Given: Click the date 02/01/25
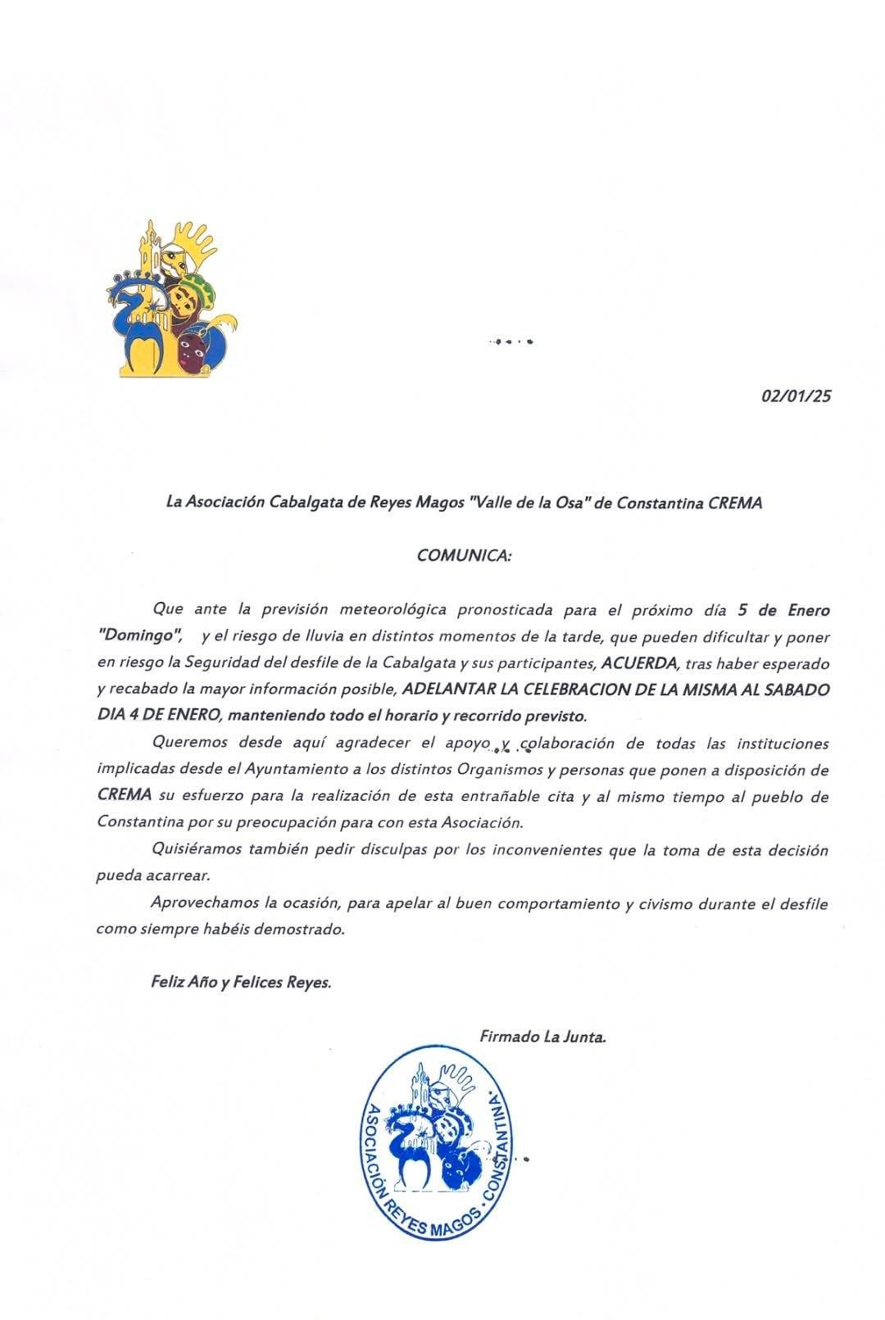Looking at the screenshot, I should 796,396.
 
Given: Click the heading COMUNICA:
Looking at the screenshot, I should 464,555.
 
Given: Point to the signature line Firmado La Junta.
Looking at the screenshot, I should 542,1037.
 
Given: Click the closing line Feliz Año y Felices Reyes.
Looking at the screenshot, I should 241,982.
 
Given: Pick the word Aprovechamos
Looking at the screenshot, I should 203,903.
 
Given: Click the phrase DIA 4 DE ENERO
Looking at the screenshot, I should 157,716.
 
